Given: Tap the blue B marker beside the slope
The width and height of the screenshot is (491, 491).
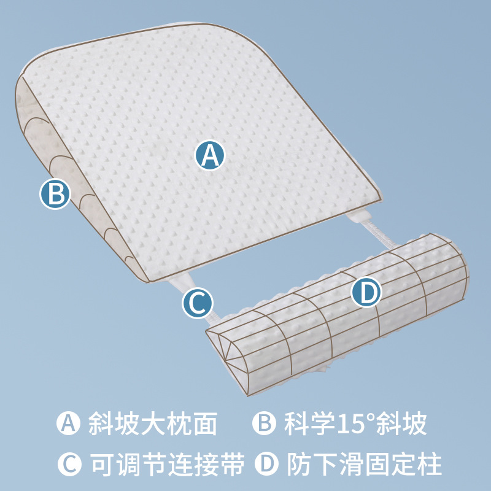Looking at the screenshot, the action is (55, 195).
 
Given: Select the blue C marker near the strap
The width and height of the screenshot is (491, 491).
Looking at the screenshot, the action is (198, 303).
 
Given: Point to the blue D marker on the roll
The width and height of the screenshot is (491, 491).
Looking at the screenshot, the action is (367, 294).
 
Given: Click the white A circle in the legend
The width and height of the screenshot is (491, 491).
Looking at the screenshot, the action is (69, 423).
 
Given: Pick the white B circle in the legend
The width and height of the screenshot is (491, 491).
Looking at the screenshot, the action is (265, 423).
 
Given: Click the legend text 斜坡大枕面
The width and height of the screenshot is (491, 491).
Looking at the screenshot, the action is (153, 423).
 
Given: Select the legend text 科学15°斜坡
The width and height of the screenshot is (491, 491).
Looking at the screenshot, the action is (355, 423).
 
